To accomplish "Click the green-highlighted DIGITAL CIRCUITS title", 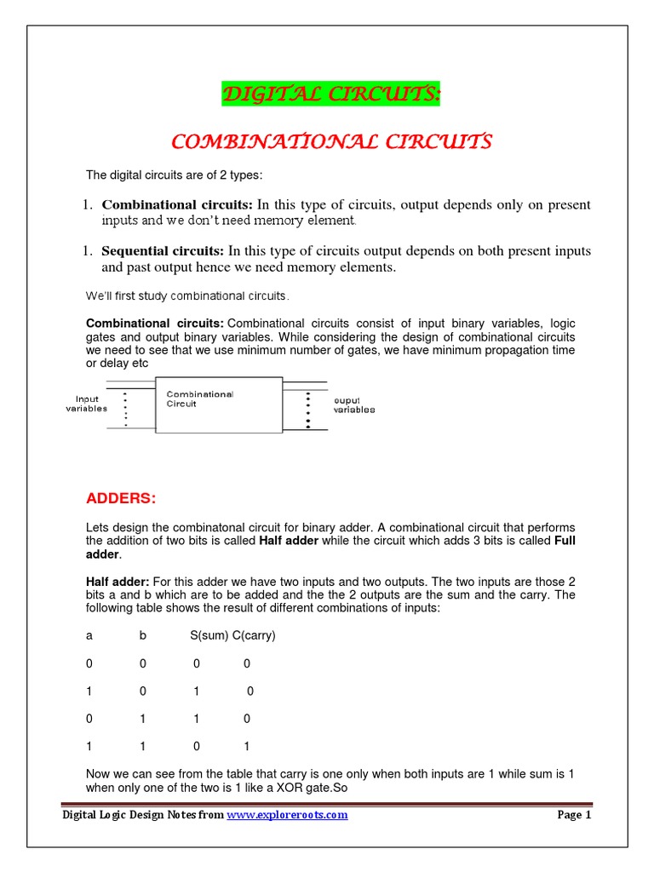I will [x=331, y=95].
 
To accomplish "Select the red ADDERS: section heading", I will [x=121, y=497].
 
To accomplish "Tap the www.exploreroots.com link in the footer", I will [x=287, y=815].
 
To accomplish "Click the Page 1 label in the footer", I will [x=574, y=815].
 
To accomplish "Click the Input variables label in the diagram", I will [x=87, y=403].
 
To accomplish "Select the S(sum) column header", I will [x=209, y=635].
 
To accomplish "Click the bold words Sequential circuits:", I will [x=163, y=251].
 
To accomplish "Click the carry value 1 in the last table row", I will [x=247, y=746].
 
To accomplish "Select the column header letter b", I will [x=143, y=635].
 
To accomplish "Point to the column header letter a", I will [x=89, y=635].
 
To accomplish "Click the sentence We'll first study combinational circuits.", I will [x=187, y=296].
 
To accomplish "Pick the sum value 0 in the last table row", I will [x=196, y=746].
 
